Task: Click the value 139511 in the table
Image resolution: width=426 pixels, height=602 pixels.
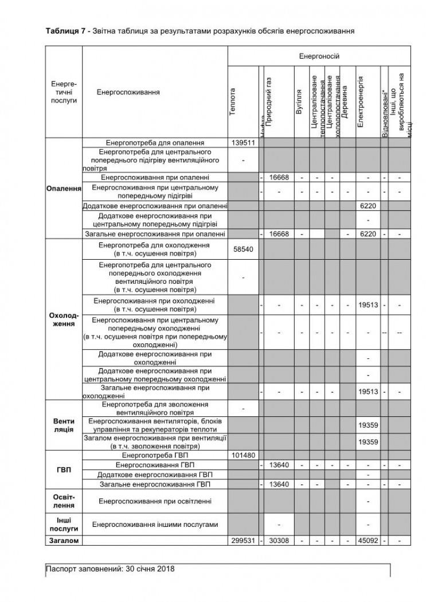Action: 243,143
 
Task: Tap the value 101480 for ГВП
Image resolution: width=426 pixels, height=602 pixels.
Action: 243,456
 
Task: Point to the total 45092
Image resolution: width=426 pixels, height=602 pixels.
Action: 367,541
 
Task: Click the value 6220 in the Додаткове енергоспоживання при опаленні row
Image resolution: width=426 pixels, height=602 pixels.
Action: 367,205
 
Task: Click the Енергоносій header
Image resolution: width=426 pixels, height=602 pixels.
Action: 319,56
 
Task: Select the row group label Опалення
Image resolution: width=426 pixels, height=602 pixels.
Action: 64,188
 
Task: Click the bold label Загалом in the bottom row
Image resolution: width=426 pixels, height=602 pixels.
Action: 64,541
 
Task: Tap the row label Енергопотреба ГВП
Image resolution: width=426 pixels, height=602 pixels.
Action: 155,456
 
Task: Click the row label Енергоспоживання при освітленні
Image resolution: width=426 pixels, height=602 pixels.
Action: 155,502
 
